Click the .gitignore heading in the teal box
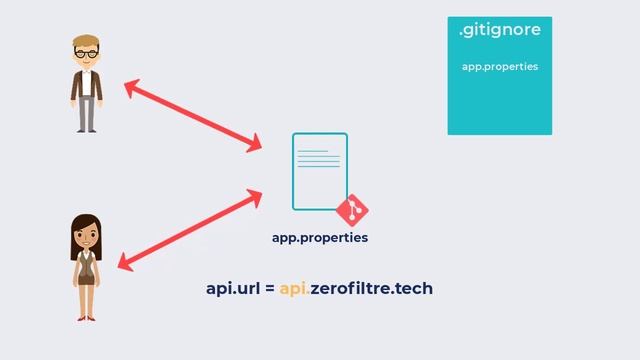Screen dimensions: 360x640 coord(499,31)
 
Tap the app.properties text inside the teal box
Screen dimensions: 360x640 coord(500,66)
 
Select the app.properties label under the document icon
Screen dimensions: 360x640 coord(320,238)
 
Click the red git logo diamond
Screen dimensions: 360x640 coord(352,210)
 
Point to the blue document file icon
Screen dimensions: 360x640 coord(319,171)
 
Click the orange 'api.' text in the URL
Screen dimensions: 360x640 coord(294,289)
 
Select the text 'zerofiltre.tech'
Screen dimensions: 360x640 coord(371,289)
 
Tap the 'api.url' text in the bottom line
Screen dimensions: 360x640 coord(233,289)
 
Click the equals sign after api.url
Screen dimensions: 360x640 coord(270,289)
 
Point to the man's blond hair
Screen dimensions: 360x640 coord(86,42)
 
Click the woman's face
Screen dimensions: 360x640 coord(85,236)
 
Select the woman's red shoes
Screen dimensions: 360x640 coord(85,316)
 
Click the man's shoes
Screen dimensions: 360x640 coord(87,129)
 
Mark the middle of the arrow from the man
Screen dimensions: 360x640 coord(192,117)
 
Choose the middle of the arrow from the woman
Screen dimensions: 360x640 coord(190,230)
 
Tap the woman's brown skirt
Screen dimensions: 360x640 coord(86,277)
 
